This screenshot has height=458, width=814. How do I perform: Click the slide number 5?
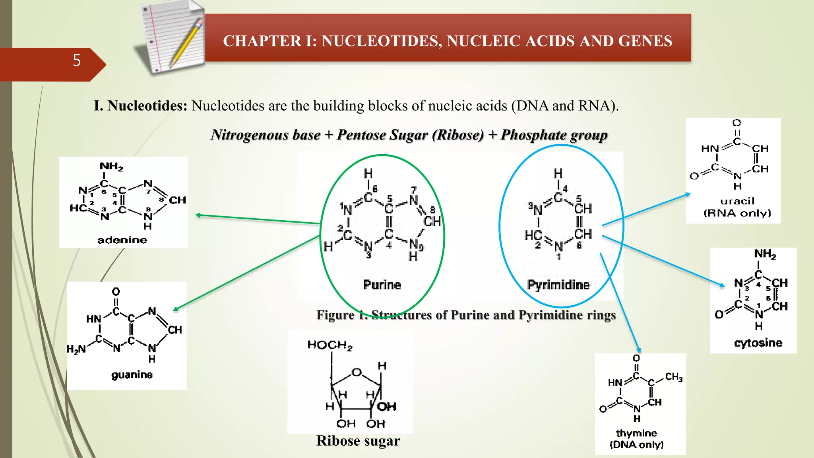(77, 60)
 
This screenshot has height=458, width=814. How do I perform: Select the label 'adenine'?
(122, 240)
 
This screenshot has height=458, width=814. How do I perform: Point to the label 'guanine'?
(132, 375)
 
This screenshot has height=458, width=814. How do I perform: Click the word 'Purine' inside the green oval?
(382, 285)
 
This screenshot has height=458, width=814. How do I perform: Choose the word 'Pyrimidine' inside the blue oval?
(558, 285)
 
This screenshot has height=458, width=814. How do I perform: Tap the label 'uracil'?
(737, 201)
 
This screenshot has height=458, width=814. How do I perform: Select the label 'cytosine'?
(758, 343)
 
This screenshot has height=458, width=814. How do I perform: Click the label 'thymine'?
(636, 433)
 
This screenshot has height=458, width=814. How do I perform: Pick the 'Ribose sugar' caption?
(358, 441)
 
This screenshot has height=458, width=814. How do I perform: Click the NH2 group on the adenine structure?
(111, 167)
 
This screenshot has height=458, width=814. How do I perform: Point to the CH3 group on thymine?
(674, 376)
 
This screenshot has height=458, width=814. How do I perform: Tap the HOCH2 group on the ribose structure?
(329, 345)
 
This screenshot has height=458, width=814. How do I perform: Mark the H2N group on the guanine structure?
(76, 349)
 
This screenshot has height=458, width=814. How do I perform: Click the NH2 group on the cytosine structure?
(765, 254)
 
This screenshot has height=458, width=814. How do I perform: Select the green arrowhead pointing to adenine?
(198, 215)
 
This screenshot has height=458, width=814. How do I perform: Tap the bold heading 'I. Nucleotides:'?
(140, 106)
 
